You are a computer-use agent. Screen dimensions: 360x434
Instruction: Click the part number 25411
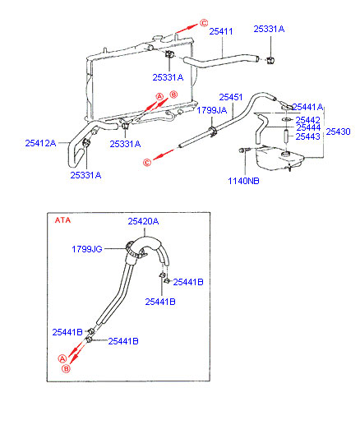point(221,31)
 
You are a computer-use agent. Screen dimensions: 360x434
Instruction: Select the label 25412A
point(40,143)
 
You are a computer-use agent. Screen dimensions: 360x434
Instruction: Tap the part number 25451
point(231,97)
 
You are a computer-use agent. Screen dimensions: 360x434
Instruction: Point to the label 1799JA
point(212,110)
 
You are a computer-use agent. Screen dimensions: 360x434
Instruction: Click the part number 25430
point(338,132)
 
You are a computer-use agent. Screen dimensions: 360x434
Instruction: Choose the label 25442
point(307,120)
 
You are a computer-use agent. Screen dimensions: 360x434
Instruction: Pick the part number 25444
point(308,127)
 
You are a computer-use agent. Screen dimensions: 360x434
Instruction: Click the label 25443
point(307,136)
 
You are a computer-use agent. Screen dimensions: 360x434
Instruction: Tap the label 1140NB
point(243,181)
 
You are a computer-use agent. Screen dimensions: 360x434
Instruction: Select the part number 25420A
point(143,221)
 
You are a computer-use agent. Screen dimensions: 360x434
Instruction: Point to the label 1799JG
point(87,249)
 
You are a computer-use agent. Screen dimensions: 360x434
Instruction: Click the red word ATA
point(62,220)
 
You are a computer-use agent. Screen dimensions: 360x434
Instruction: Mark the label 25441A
point(307,107)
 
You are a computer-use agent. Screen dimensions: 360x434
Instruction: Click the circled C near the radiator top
point(204,23)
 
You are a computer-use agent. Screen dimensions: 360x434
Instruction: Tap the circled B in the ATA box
point(66,368)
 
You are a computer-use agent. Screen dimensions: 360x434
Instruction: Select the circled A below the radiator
point(159,97)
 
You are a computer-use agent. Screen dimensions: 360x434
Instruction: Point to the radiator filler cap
point(157,38)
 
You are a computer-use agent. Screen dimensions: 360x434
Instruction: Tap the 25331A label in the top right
point(269,29)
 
